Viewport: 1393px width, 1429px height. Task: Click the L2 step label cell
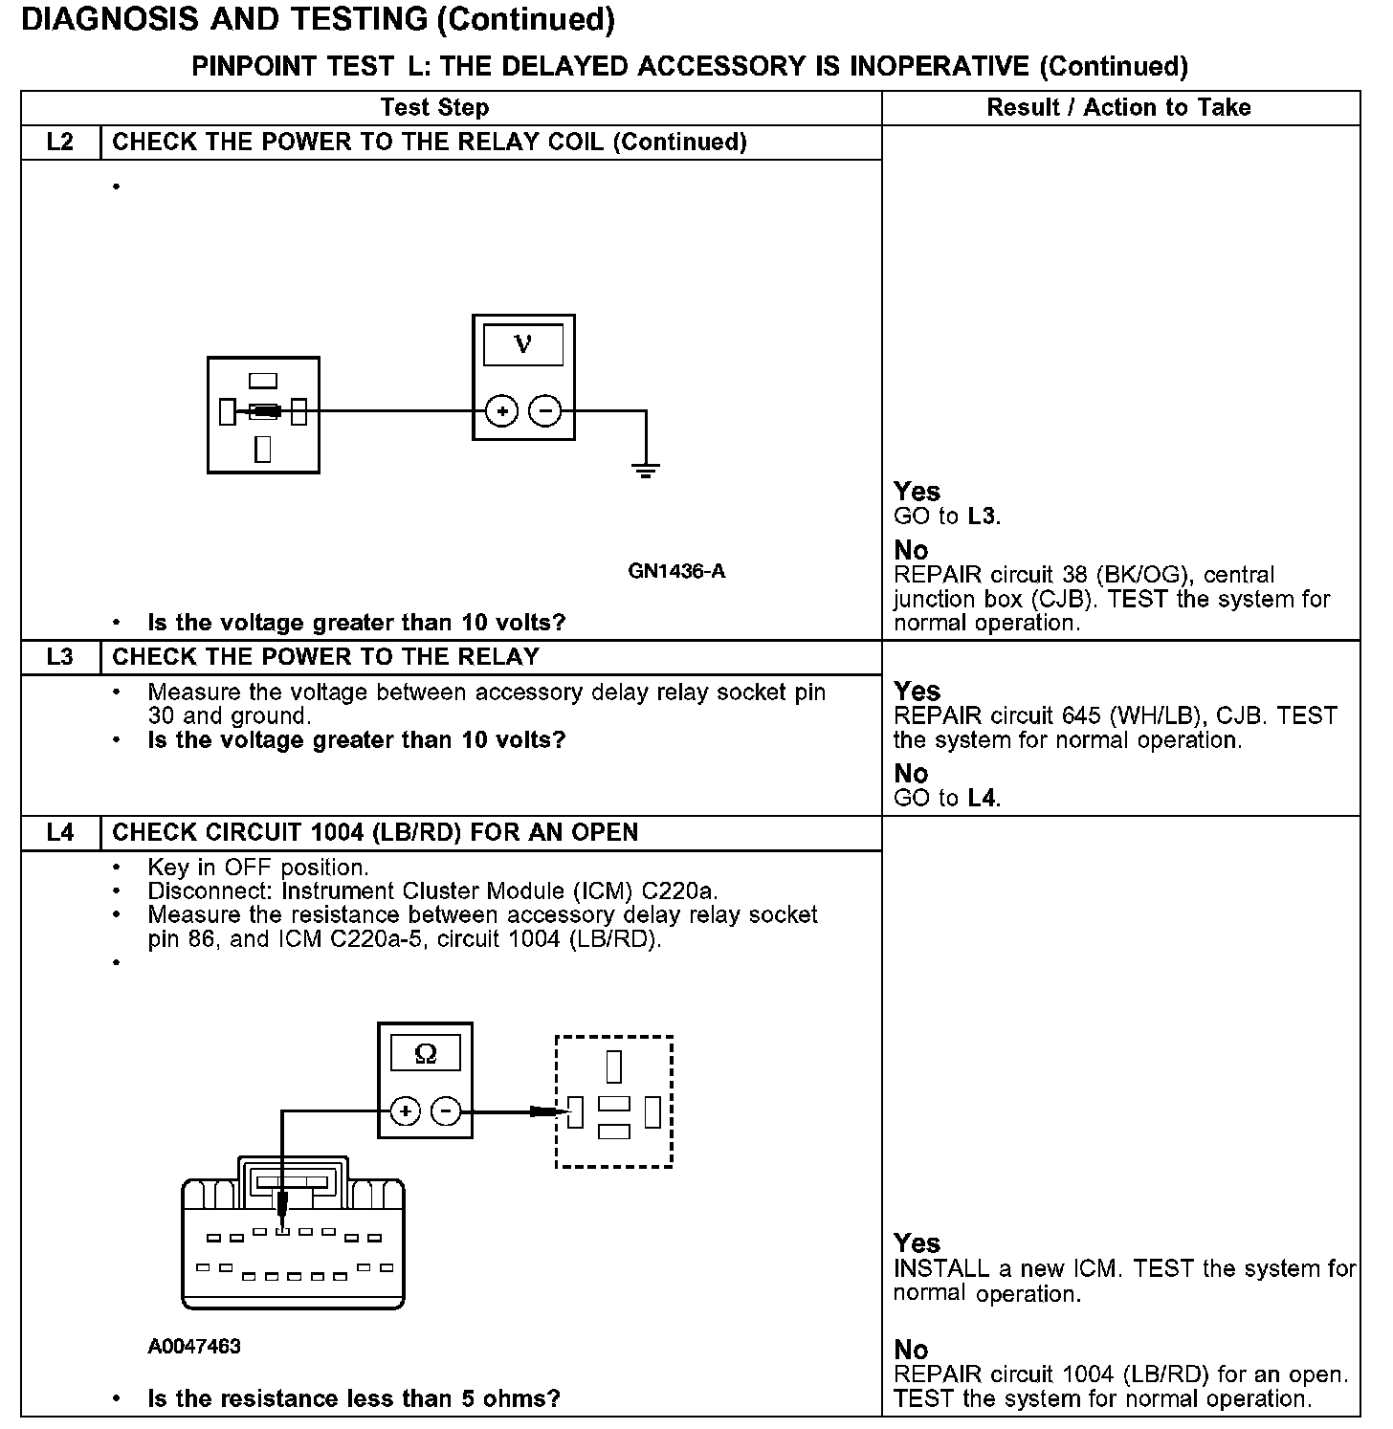click(59, 143)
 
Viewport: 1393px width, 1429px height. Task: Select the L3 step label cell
click(59, 657)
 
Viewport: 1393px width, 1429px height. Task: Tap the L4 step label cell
click(59, 832)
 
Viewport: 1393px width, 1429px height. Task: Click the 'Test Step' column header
click(434, 107)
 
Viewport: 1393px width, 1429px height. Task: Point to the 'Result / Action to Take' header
click(1118, 107)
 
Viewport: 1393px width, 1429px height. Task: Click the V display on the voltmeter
click(523, 344)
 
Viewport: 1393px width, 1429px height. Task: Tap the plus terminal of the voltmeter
click(502, 411)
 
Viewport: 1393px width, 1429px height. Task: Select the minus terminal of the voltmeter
click(545, 411)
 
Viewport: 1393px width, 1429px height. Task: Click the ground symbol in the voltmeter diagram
click(646, 470)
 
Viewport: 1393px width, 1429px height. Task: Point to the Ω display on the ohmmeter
click(426, 1054)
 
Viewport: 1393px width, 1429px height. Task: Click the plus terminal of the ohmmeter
click(406, 1110)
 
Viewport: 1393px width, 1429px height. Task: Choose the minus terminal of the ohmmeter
click(446, 1110)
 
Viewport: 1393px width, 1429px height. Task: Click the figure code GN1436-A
click(676, 571)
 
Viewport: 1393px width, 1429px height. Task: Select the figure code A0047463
click(194, 1347)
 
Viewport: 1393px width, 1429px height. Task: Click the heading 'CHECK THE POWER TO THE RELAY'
click(325, 657)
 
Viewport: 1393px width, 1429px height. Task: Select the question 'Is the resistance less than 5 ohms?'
click(354, 1398)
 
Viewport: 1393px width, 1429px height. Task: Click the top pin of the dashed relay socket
click(614, 1066)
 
